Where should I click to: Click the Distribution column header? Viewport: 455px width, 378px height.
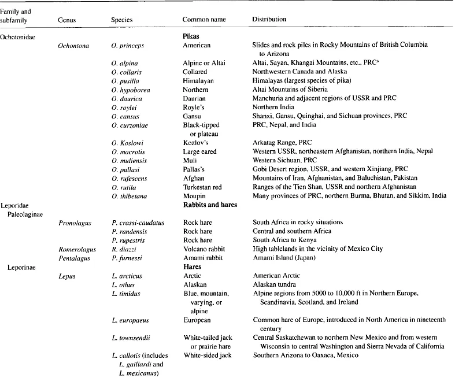pyautogui.click(x=269, y=20)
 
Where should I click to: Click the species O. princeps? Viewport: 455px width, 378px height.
pyautogui.click(x=127, y=45)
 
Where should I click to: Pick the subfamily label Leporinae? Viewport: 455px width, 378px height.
pyautogui.click(x=23, y=267)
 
